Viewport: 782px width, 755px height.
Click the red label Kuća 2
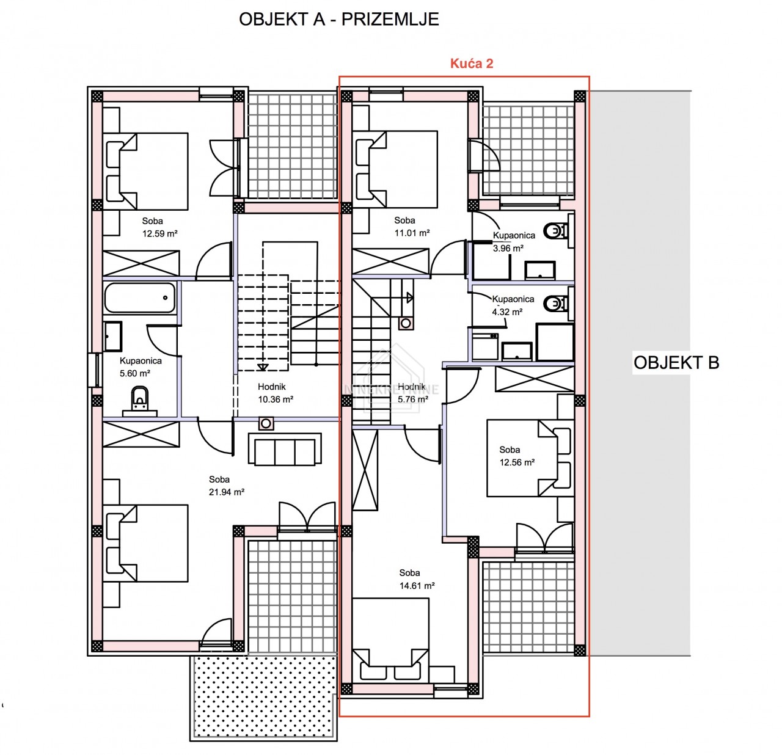[472, 64]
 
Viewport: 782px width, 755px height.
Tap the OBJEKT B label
[676, 362]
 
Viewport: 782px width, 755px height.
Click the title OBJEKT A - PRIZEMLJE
[338, 20]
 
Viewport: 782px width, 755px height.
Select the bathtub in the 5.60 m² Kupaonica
[140, 297]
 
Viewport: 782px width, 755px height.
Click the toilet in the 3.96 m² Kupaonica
[555, 232]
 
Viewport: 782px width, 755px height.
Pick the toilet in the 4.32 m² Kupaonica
[555, 304]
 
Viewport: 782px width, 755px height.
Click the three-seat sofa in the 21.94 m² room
[285, 449]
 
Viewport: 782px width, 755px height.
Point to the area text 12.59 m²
[160, 233]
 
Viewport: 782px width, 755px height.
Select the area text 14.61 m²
[417, 586]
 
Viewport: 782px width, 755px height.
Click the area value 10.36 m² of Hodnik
[276, 399]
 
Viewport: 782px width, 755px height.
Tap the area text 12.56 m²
[517, 462]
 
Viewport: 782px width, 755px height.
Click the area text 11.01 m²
[412, 233]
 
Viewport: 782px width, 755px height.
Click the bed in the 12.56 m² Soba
[529, 458]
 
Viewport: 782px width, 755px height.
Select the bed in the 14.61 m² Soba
[390, 641]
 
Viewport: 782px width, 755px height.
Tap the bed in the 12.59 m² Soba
[145, 172]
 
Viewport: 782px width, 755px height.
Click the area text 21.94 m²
[227, 492]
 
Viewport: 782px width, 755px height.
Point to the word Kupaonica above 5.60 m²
[141, 361]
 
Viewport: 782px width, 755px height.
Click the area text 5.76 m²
[413, 399]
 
